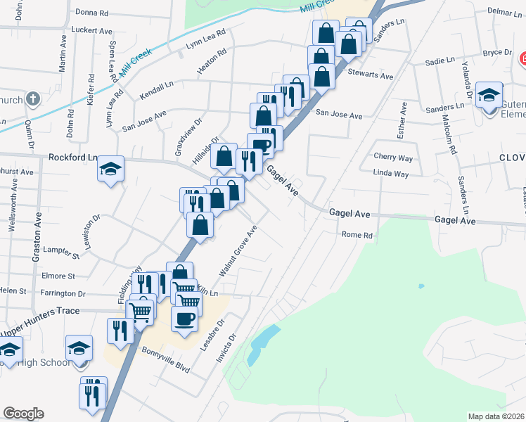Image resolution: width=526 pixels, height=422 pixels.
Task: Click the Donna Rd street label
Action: tap(92, 13)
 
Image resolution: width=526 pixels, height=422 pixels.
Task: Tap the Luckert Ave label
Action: tap(92, 31)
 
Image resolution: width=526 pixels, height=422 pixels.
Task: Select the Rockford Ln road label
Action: tap(73, 158)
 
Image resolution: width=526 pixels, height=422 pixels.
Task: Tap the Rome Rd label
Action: tap(356, 235)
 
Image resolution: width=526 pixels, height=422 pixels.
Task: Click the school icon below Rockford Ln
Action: tap(110, 170)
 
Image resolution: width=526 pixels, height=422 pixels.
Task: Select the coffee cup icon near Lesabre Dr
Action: tap(185, 318)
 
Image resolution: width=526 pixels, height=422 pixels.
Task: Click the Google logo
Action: tap(23, 414)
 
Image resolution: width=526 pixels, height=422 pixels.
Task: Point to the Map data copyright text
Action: tap(496, 416)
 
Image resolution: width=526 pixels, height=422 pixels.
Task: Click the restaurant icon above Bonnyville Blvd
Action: tap(118, 331)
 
